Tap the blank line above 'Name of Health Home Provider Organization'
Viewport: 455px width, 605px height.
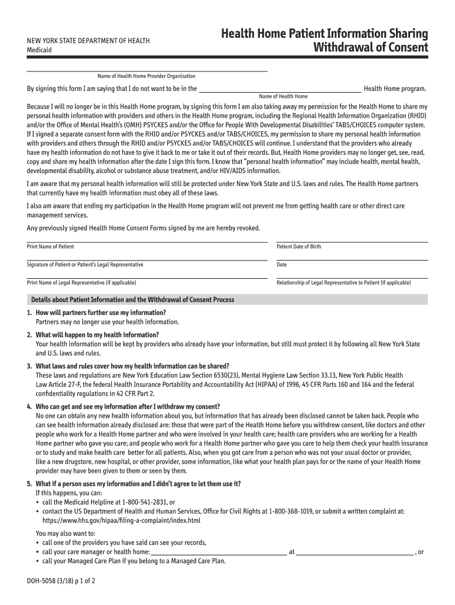click(147, 71)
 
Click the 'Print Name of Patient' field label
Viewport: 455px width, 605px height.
click(50, 246)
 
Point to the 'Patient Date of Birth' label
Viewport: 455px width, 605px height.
click(299, 246)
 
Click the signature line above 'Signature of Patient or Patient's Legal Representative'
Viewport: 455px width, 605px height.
click(147, 259)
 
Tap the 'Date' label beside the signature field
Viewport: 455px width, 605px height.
click(282, 265)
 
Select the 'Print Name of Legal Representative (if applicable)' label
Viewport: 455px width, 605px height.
click(82, 282)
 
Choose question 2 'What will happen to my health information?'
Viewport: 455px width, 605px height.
click(99, 334)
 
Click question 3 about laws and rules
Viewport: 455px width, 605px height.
click(132, 366)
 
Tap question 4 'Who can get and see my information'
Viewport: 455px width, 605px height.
click(128, 406)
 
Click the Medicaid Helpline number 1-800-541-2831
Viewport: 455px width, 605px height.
click(145, 502)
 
